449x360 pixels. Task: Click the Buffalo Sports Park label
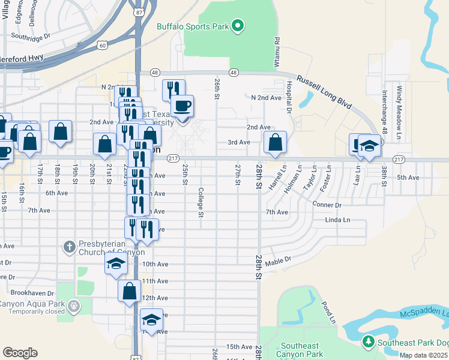193,26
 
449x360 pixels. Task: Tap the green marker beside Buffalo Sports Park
238,26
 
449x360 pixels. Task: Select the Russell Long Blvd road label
324,91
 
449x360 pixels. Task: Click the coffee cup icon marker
182,106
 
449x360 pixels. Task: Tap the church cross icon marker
70,246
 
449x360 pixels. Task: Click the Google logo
20,353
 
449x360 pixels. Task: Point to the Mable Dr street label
277,261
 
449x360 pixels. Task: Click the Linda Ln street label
337,220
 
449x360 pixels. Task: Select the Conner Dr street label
327,205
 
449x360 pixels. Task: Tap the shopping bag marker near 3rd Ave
275,143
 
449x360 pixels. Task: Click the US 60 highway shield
103,44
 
